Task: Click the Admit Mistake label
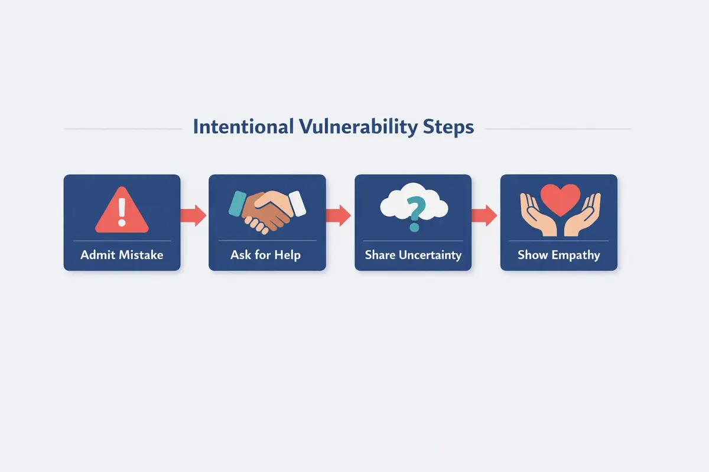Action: [x=122, y=255]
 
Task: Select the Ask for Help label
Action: [x=267, y=255]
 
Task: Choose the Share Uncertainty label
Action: [x=413, y=255]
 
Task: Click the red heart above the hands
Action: [x=559, y=198]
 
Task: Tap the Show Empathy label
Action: [x=559, y=255]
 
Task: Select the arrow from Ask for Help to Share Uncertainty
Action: [x=339, y=214]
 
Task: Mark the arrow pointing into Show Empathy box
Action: [x=485, y=214]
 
